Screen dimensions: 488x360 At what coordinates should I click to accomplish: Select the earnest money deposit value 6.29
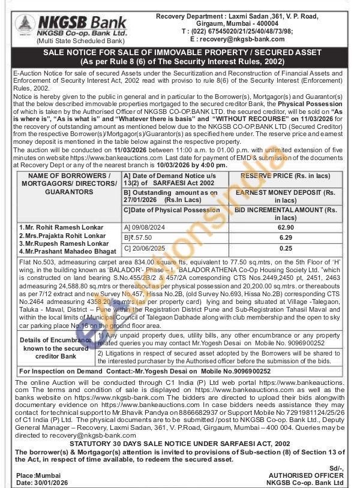coord(285,237)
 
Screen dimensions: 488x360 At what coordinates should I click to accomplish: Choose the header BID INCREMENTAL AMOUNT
coord(286,210)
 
